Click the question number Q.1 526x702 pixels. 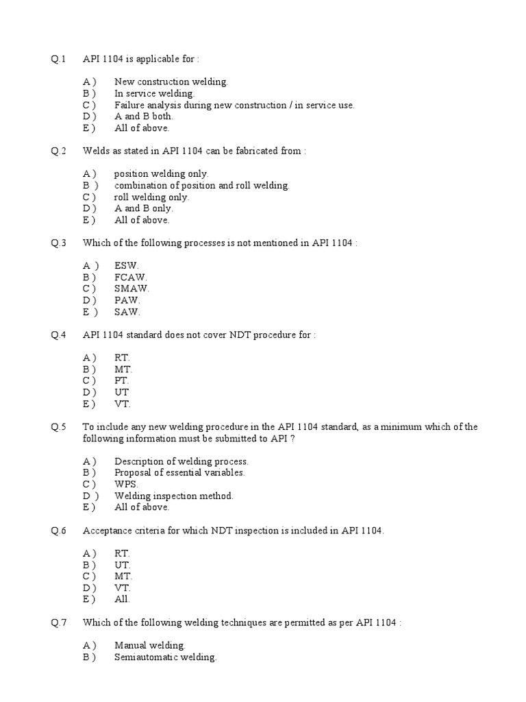click(x=58, y=59)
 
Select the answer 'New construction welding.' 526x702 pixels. click(x=171, y=82)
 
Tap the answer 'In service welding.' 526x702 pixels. click(x=154, y=93)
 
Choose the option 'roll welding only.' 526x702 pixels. click(x=151, y=197)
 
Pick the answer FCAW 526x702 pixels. click(x=130, y=278)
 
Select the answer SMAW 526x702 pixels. click(x=131, y=289)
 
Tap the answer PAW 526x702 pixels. click(x=127, y=300)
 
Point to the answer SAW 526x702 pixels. click(x=127, y=312)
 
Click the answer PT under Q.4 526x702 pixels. click(x=122, y=380)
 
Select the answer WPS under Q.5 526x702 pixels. click(x=126, y=484)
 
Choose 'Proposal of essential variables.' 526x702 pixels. click(x=179, y=472)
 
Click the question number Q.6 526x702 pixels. click(x=58, y=531)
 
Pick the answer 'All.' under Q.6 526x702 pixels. click(x=122, y=599)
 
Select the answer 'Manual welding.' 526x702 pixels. click(x=150, y=645)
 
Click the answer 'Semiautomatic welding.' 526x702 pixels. click(x=165, y=657)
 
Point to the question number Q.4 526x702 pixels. click(x=58, y=335)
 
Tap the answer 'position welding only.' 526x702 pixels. click(x=161, y=174)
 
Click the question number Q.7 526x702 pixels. click(x=58, y=622)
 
